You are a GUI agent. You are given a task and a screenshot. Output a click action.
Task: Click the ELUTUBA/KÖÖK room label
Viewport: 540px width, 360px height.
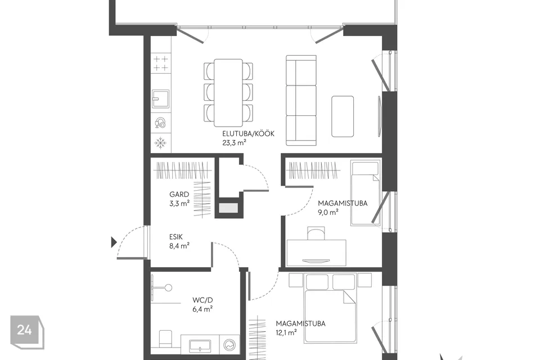tap(248, 134)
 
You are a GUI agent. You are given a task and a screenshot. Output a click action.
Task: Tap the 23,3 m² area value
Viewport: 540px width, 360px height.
tap(234, 142)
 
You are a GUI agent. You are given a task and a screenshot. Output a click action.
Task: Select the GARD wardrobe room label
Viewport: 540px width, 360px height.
tap(179, 194)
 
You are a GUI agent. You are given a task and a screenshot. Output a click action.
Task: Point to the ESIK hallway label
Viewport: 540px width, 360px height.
tap(175, 237)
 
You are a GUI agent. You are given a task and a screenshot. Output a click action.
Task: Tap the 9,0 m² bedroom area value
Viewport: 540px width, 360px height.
tap(328, 212)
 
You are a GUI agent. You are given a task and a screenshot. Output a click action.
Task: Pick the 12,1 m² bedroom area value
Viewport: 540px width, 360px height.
tap(286, 333)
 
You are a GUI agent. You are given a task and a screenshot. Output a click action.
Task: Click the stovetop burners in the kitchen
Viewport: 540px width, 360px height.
tap(161, 64)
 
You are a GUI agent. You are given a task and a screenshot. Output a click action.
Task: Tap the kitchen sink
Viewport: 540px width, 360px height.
tap(161, 98)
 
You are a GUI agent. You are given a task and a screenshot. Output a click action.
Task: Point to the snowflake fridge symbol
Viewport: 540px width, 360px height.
tap(160, 143)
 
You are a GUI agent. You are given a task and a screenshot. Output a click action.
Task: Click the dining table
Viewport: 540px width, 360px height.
tap(228, 93)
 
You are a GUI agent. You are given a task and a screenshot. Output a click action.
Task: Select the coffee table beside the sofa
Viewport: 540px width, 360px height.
tap(343, 116)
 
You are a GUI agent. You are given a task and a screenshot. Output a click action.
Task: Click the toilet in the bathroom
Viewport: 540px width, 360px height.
tap(165, 339)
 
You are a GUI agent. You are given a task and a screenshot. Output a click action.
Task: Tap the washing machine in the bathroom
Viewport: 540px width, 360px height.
tap(229, 344)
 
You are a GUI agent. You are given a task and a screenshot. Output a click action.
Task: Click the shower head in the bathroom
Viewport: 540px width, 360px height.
tap(168, 287)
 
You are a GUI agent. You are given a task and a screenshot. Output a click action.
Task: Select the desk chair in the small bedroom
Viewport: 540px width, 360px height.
tap(316, 233)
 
